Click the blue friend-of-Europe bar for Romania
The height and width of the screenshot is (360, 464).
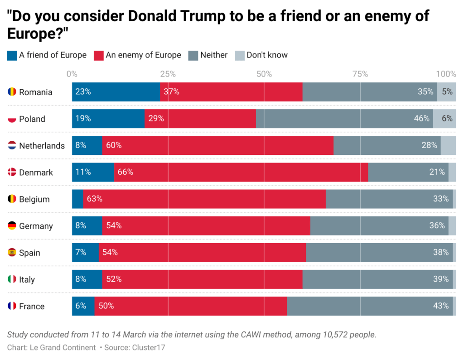(x=116, y=92)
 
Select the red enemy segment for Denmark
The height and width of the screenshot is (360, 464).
(x=241, y=173)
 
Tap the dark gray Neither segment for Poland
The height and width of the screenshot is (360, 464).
(x=344, y=119)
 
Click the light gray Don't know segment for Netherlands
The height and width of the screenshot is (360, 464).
(x=448, y=145)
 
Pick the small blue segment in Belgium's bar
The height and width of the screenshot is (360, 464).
(x=77, y=199)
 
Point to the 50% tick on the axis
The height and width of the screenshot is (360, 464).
(x=264, y=74)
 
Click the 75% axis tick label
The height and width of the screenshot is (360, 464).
(x=360, y=74)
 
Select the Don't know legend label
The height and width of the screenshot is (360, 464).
(x=267, y=55)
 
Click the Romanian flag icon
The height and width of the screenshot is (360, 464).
(x=12, y=92)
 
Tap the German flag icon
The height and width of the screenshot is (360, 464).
(x=12, y=226)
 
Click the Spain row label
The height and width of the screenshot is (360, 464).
(x=29, y=253)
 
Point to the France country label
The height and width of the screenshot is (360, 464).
(x=32, y=306)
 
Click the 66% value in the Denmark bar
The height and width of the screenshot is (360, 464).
(x=125, y=173)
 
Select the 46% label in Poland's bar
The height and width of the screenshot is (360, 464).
(x=421, y=119)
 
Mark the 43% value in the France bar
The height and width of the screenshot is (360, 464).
(x=440, y=306)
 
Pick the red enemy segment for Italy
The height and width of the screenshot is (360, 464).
(x=202, y=279)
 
